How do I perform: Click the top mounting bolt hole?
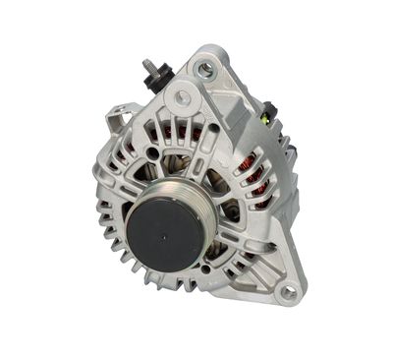[x=204, y=69]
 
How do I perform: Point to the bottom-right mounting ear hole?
[x=288, y=292]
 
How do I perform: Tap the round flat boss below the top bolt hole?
[x=181, y=99]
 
